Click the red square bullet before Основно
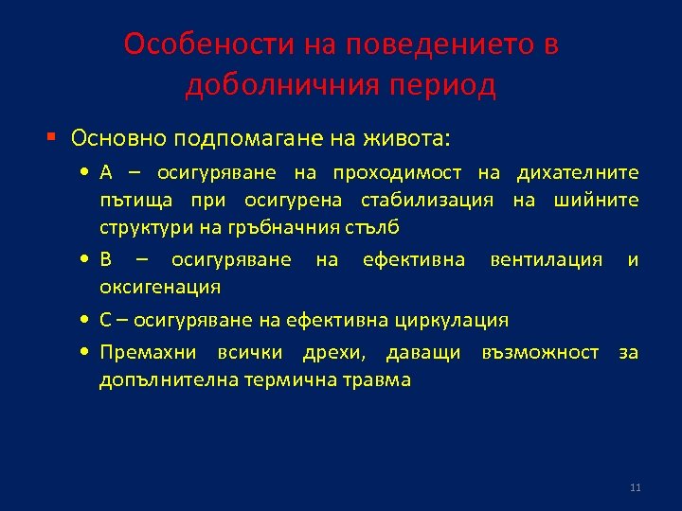[x=53, y=138]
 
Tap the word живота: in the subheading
[x=404, y=138]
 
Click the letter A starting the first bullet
[x=106, y=172]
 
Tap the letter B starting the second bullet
[x=106, y=259]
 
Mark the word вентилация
[x=546, y=259]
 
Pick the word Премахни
[x=148, y=353]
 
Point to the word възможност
[x=540, y=353]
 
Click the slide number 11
[x=635, y=487]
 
